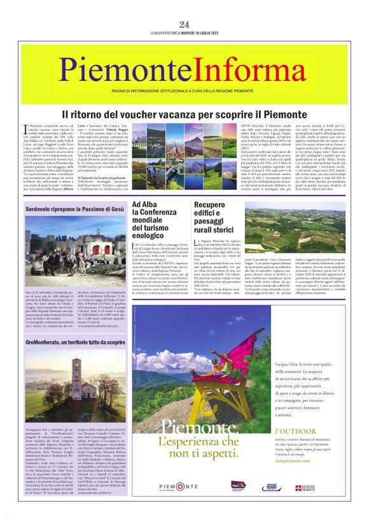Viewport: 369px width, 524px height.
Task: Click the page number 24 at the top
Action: pyautogui.click(x=184, y=24)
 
